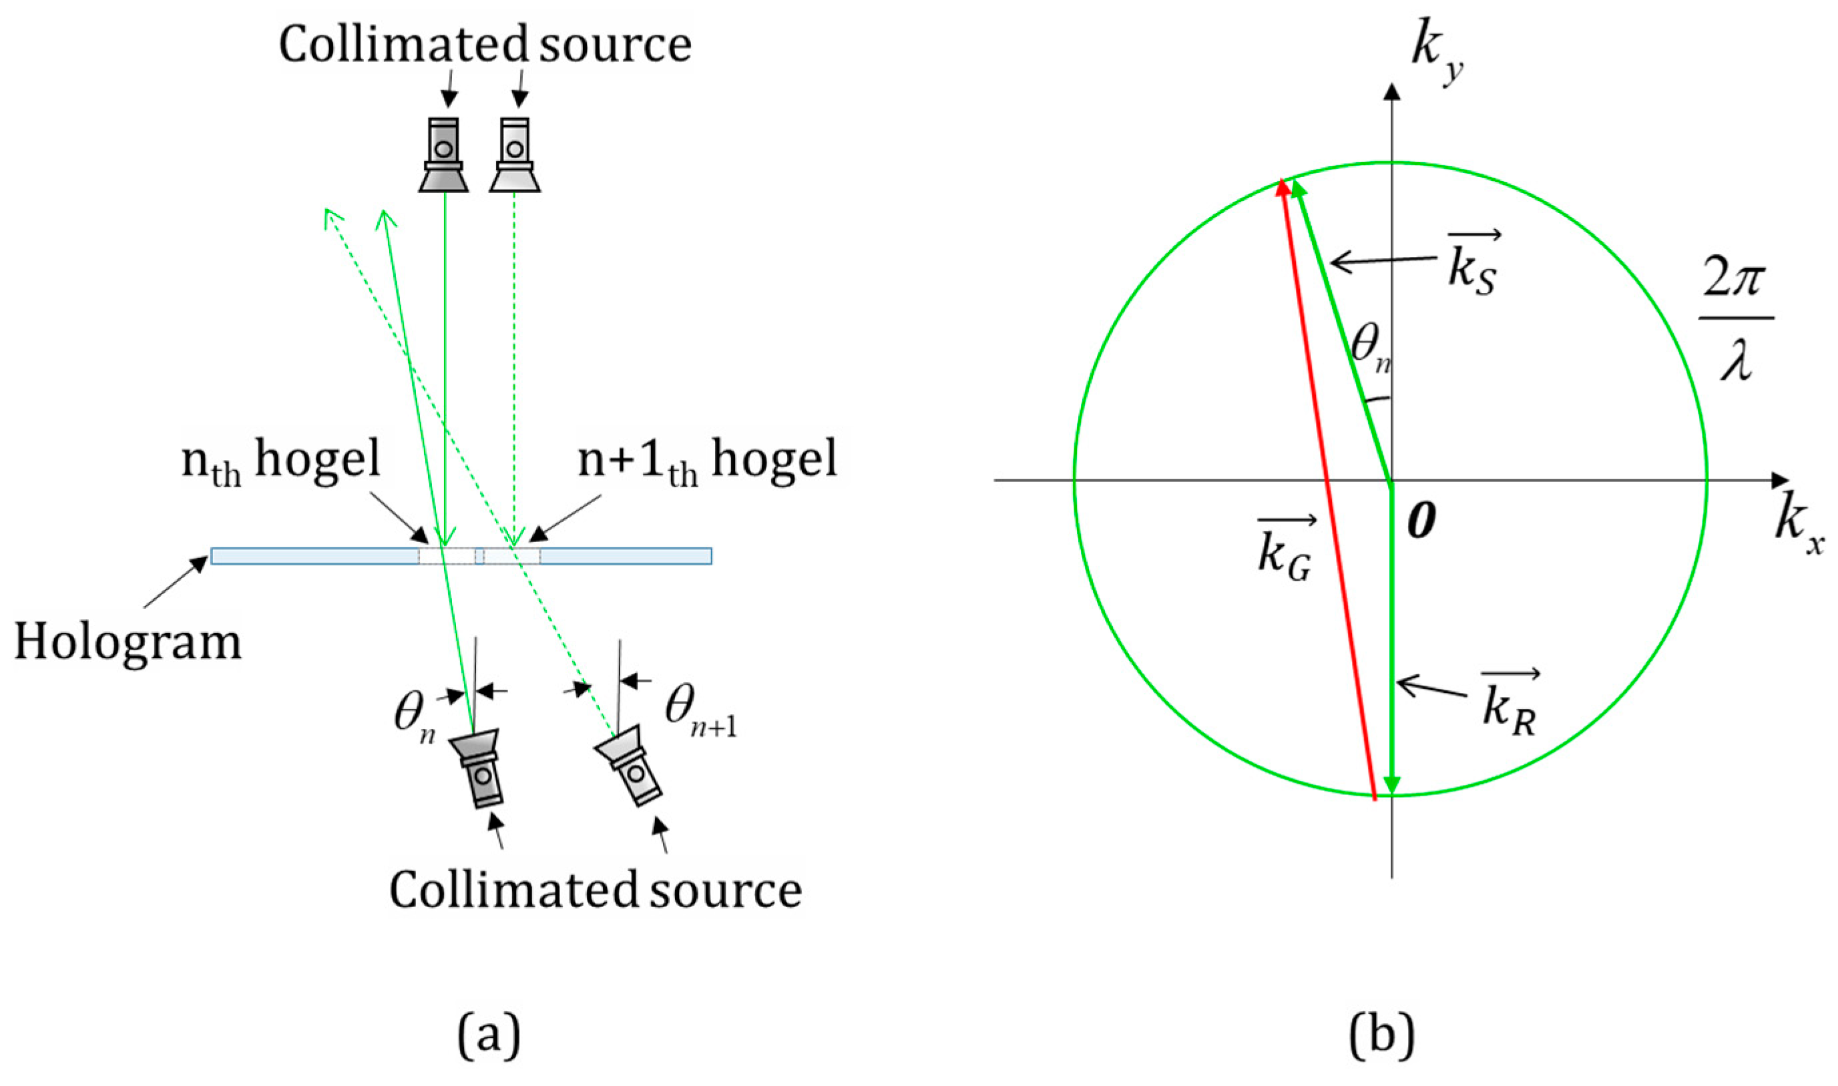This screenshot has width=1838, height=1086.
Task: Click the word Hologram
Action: [x=128, y=643]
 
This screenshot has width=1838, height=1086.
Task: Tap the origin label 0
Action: [x=1421, y=522]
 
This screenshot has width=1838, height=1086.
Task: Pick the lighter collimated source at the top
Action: [x=515, y=155]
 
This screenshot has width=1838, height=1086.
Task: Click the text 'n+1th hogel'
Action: [x=706, y=461]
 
